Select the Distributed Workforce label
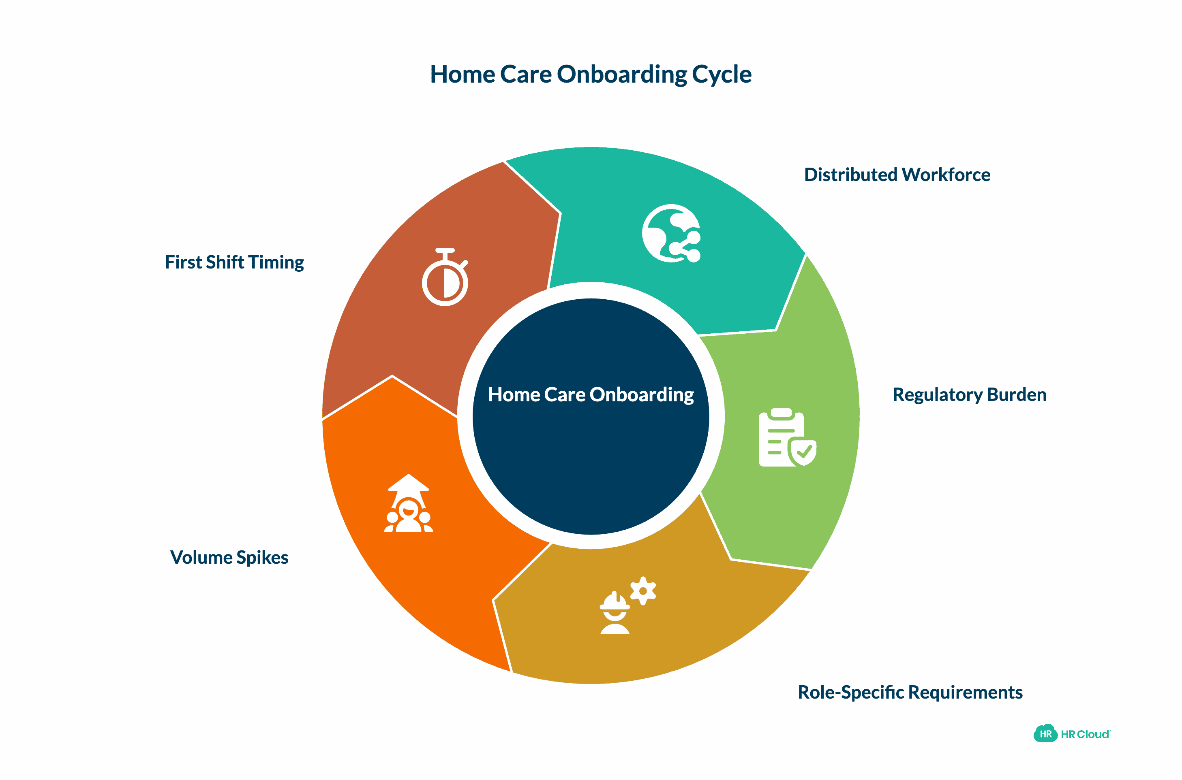click(897, 175)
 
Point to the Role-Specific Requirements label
click(910, 692)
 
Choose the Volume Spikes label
click(229, 557)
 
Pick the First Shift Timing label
click(234, 262)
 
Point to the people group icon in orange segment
click(408, 515)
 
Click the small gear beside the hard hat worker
click(643, 590)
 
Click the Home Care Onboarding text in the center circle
click(591, 394)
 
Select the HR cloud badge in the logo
click(1045, 734)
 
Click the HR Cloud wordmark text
click(1085, 734)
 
